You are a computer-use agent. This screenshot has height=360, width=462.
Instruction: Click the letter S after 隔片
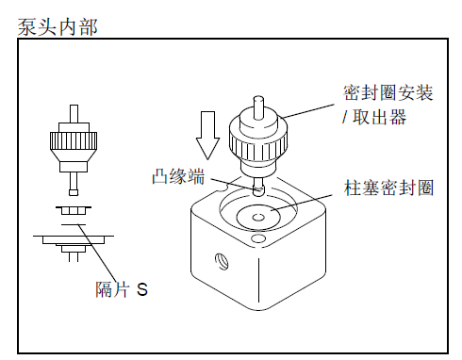[141, 289]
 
